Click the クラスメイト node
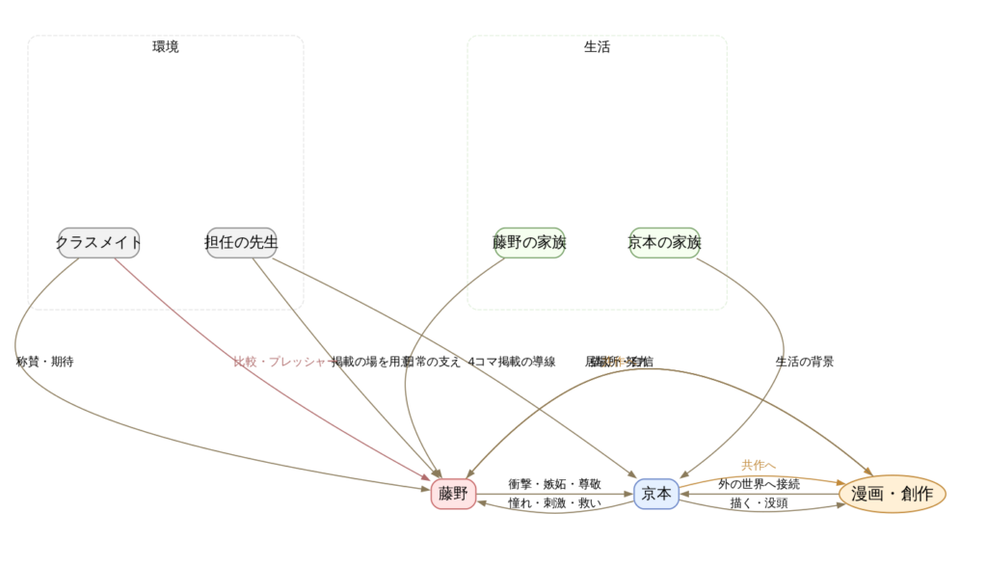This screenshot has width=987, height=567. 98,243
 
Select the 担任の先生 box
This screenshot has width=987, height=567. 242,243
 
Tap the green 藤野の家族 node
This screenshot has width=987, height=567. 529,243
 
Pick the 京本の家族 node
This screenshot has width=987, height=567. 664,243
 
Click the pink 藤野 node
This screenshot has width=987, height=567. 453,494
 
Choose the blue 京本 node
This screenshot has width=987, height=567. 656,494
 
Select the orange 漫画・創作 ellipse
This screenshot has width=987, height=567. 893,494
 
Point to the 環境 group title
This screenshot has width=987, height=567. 166,47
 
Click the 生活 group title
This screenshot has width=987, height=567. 597,47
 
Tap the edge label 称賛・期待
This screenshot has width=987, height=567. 45,362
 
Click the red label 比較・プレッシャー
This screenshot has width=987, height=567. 280,362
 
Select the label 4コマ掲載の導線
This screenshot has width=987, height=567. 512,362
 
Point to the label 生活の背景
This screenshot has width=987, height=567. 805,362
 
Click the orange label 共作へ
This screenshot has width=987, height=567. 759,465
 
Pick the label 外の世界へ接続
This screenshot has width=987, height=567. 759,484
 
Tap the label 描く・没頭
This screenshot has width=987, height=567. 759,503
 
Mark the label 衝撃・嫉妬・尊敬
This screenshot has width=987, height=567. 555,484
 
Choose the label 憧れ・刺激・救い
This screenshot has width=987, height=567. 555,503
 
